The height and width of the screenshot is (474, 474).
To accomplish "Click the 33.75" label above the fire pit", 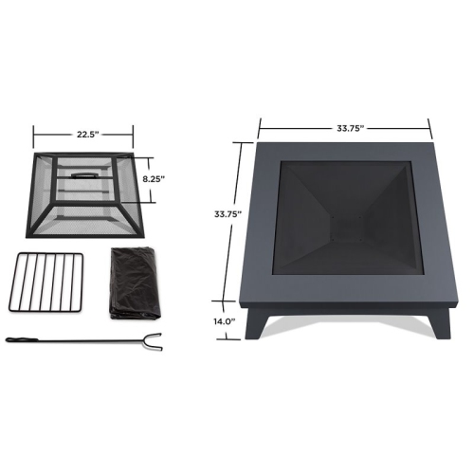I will tap(345, 126).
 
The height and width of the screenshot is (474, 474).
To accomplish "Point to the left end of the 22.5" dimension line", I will tap(35, 134).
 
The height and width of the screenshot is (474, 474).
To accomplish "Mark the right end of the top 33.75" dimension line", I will tap(431, 126).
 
